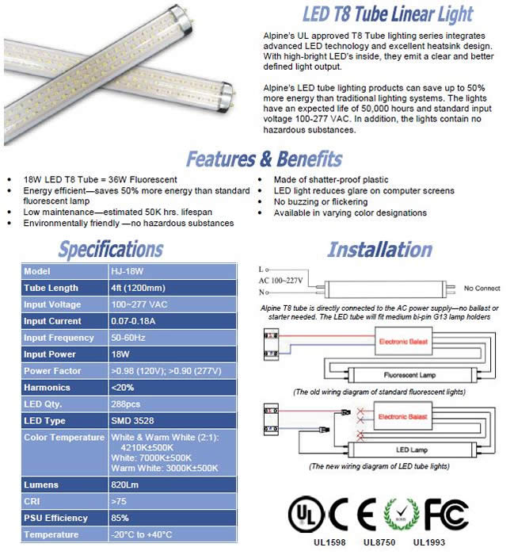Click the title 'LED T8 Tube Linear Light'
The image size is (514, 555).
[388, 14]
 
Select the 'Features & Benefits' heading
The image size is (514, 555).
[264, 159]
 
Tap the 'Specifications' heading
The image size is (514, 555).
[110, 249]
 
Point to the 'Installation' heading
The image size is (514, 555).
[379, 250]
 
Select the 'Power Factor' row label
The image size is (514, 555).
[52, 371]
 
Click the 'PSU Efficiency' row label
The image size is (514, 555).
[56, 519]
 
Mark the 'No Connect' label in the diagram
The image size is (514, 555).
[482, 289]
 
